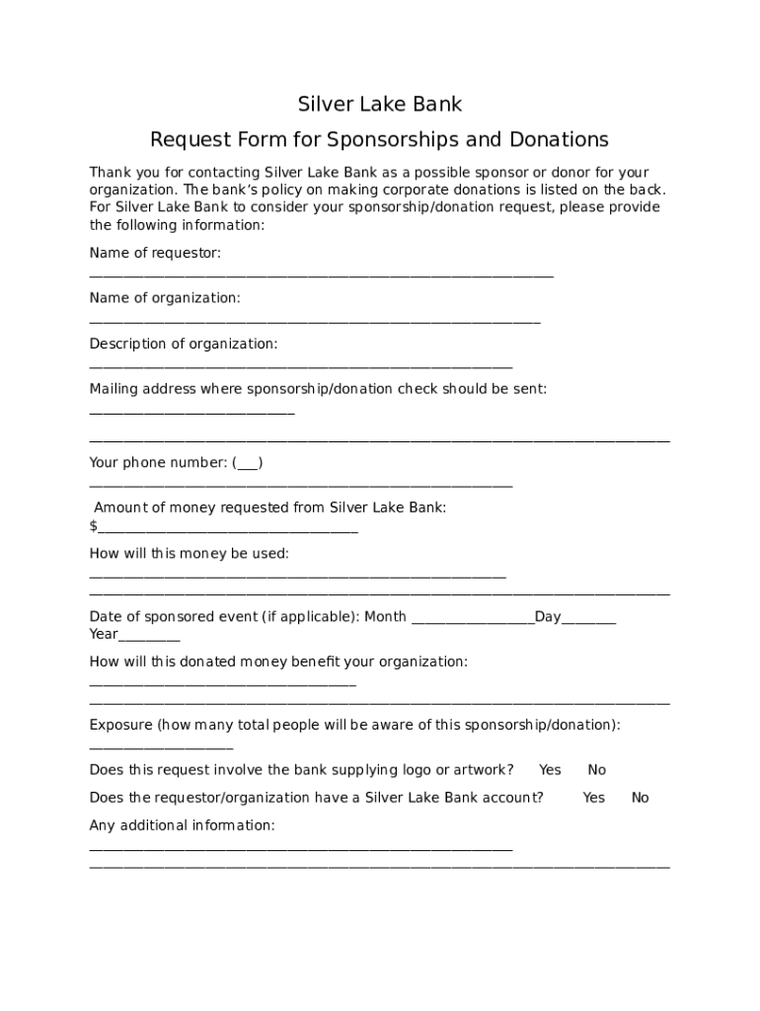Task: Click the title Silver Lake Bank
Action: coord(380,104)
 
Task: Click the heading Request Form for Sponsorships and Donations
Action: coord(379,139)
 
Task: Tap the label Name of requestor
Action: coord(155,254)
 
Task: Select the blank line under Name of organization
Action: coord(314,321)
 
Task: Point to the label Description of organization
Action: coord(184,344)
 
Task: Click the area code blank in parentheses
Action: coord(250,463)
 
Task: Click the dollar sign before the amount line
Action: coord(93,526)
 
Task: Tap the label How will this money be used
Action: coord(189,554)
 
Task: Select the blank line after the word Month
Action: coord(472,619)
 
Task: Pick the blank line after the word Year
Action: coord(149,636)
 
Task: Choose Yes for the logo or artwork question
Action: coord(550,770)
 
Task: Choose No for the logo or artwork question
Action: coord(597,770)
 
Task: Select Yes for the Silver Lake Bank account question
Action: coord(593,798)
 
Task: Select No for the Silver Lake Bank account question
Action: coord(641,798)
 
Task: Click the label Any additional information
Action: coord(182,825)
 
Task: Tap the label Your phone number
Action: coord(158,463)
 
